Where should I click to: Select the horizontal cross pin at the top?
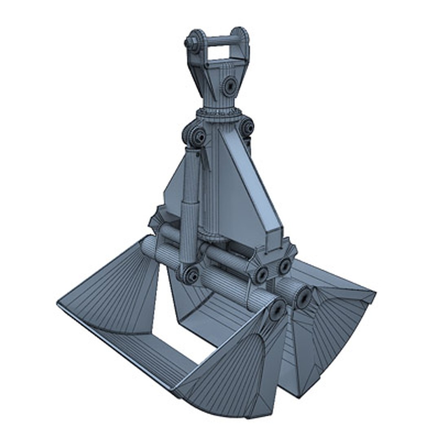point(220,40)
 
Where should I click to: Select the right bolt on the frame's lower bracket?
point(284,266)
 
